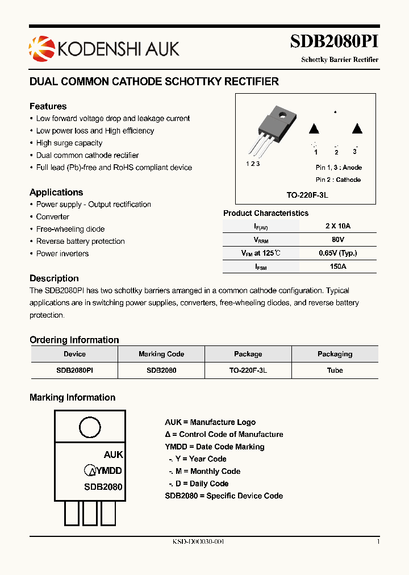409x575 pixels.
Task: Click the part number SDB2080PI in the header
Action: (334, 42)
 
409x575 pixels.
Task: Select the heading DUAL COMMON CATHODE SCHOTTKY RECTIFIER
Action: (154, 82)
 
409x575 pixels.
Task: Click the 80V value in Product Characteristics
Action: (339, 240)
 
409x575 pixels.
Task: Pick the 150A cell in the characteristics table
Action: (339, 266)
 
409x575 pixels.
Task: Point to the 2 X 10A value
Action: (339, 226)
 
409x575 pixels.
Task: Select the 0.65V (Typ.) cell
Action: (339, 253)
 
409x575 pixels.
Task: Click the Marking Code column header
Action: (161, 354)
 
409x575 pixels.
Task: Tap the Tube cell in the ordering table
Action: (335, 370)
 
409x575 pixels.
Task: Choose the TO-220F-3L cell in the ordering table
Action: (248, 370)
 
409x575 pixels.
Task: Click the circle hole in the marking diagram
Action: (90, 427)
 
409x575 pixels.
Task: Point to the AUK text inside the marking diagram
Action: (113, 455)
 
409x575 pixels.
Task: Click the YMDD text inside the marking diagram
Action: (108, 470)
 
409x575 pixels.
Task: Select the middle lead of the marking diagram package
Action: (90, 514)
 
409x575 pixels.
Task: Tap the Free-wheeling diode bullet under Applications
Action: (70, 229)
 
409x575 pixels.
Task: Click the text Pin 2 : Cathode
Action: (338, 180)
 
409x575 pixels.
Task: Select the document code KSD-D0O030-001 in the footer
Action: (198, 542)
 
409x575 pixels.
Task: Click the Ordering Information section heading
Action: (74, 340)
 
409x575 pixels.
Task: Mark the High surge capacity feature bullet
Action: (69, 143)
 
